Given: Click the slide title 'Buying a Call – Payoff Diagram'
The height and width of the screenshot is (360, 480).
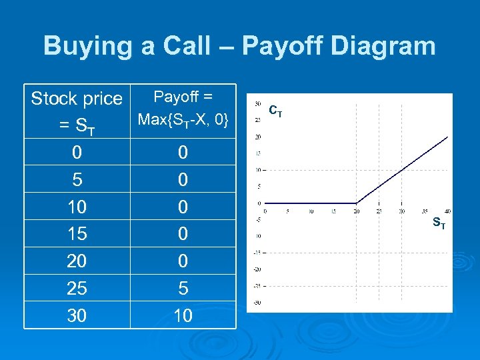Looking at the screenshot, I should click(239, 46).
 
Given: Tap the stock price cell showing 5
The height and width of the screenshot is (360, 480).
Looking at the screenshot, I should click(77, 180).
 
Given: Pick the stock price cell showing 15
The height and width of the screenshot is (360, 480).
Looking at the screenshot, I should click(77, 234).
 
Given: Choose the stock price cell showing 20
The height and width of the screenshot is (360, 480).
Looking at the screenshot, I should click(77, 261).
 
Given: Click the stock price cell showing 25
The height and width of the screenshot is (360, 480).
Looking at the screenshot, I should click(77, 288).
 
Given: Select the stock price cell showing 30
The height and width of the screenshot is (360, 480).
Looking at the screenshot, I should click(77, 315).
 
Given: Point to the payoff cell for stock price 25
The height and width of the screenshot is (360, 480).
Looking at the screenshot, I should click(183, 288).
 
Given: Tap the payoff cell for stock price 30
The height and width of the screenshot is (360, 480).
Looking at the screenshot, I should click(183, 315).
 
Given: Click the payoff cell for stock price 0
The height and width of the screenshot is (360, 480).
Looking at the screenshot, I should click(183, 153).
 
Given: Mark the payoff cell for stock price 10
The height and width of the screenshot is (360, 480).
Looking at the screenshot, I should click(183, 207).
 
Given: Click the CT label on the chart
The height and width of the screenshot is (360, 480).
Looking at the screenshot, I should click(275, 111).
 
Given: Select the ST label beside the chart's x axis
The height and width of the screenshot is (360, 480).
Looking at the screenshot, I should click(439, 223).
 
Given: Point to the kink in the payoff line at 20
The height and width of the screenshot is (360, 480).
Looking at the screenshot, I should click(357, 203).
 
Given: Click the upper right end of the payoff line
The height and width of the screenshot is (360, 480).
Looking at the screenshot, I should click(447, 136).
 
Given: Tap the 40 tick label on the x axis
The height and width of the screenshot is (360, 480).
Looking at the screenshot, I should click(447, 212).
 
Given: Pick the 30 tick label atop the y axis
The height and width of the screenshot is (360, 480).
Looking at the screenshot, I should click(257, 103).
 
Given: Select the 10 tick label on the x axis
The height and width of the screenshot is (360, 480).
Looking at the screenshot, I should click(311, 212).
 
